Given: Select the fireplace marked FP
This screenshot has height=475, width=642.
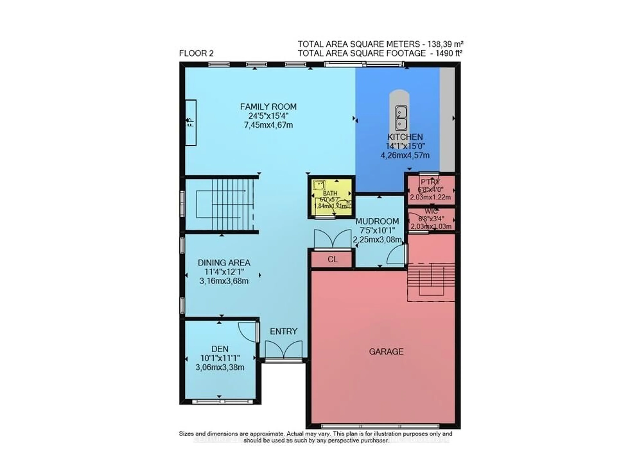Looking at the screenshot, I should (x=190, y=123).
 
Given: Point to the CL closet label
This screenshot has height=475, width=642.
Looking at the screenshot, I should (x=333, y=259).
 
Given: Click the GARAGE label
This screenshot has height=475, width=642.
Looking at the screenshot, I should (x=386, y=351).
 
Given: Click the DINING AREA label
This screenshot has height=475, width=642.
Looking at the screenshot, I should (x=224, y=262).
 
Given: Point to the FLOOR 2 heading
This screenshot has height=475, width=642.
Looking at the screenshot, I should (x=196, y=53).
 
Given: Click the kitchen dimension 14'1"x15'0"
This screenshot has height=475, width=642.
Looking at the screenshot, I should (x=405, y=146).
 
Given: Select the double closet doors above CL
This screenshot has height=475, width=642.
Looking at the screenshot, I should (x=333, y=239).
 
